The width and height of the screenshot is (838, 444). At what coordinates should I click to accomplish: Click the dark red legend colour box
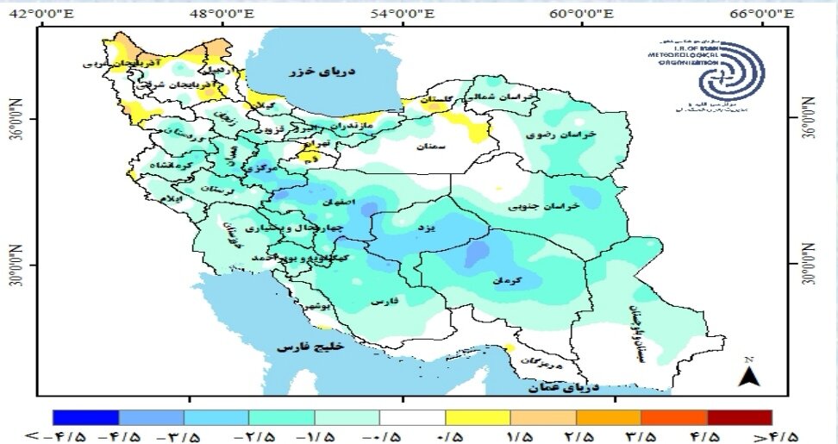click(x=739, y=417)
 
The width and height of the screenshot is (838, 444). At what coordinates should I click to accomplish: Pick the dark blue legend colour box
click(x=85, y=417)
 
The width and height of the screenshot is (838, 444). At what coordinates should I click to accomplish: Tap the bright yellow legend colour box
click(x=478, y=417)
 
